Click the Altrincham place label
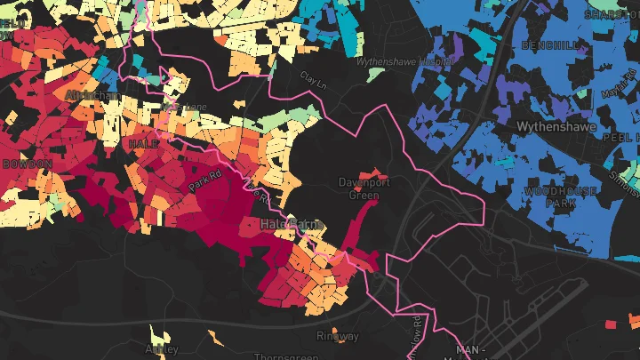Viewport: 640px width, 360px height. (92, 94)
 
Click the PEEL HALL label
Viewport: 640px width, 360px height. (620, 139)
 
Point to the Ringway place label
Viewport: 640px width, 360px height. (338, 336)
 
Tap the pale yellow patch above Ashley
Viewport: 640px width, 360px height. (160, 335)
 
